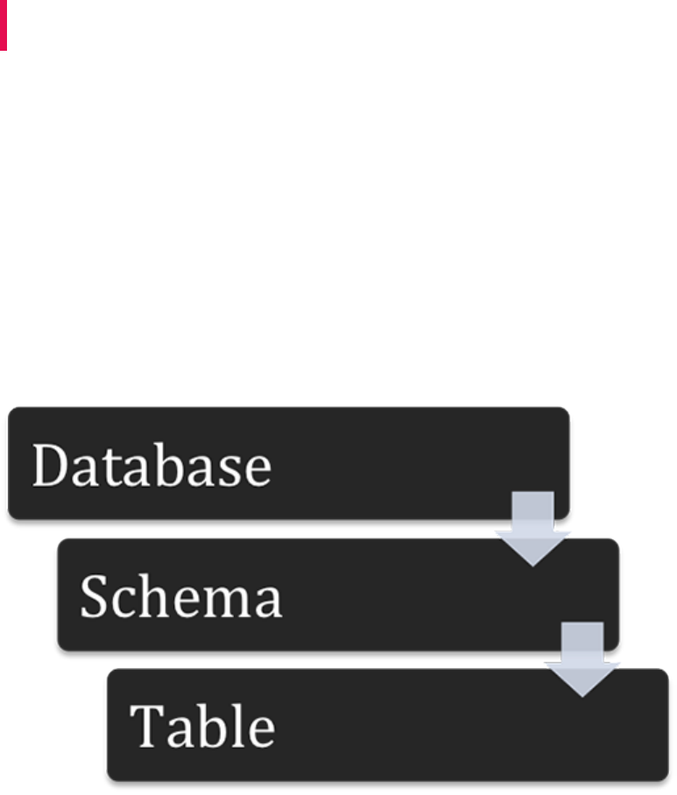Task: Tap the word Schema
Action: click(x=180, y=597)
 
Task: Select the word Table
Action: click(x=202, y=726)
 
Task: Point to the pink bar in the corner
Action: click(x=4, y=25)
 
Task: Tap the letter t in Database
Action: click(x=114, y=466)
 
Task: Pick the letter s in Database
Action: click(x=230, y=471)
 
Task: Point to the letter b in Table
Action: click(x=213, y=726)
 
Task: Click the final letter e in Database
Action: click(x=257, y=471)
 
